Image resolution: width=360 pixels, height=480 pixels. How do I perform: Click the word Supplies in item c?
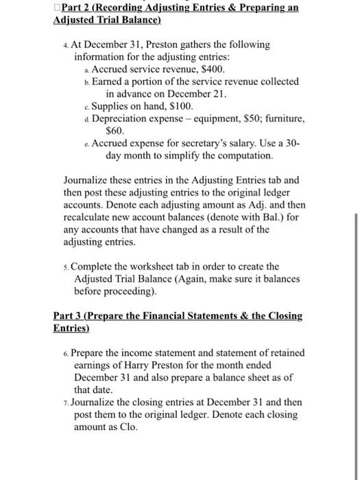tap(112, 106)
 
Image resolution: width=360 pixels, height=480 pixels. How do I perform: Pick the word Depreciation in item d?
tap(121, 119)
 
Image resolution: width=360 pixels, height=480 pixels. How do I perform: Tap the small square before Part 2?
tap(56, 7)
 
